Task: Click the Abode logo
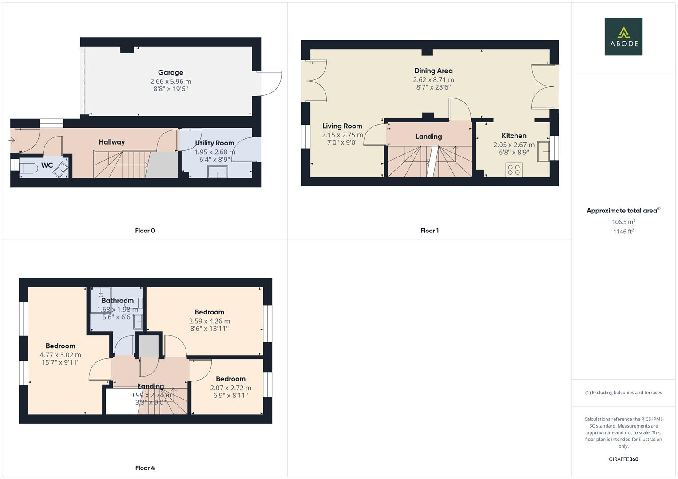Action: point(623,36)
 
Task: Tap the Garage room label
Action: point(170,72)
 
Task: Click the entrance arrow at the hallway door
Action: point(12,141)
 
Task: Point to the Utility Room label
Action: point(214,143)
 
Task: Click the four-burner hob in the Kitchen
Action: point(514,169)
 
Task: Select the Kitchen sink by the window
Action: point(543,151)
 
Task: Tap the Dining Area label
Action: point(433,71)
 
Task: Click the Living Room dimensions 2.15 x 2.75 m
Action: point(342,135)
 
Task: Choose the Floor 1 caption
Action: point(429,231)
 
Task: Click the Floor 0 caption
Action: point(145,231)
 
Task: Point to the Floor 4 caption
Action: point(145,468)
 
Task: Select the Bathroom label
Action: point(117,301)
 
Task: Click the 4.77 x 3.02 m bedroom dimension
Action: point(60,355)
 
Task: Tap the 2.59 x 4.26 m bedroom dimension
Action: point(209,321)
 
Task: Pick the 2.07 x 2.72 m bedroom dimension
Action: point(230,388)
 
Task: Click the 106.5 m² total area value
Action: point(623,222)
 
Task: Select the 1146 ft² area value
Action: point(623,231)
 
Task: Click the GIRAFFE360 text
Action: point(623,459)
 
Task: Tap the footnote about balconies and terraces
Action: point(623,393)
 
